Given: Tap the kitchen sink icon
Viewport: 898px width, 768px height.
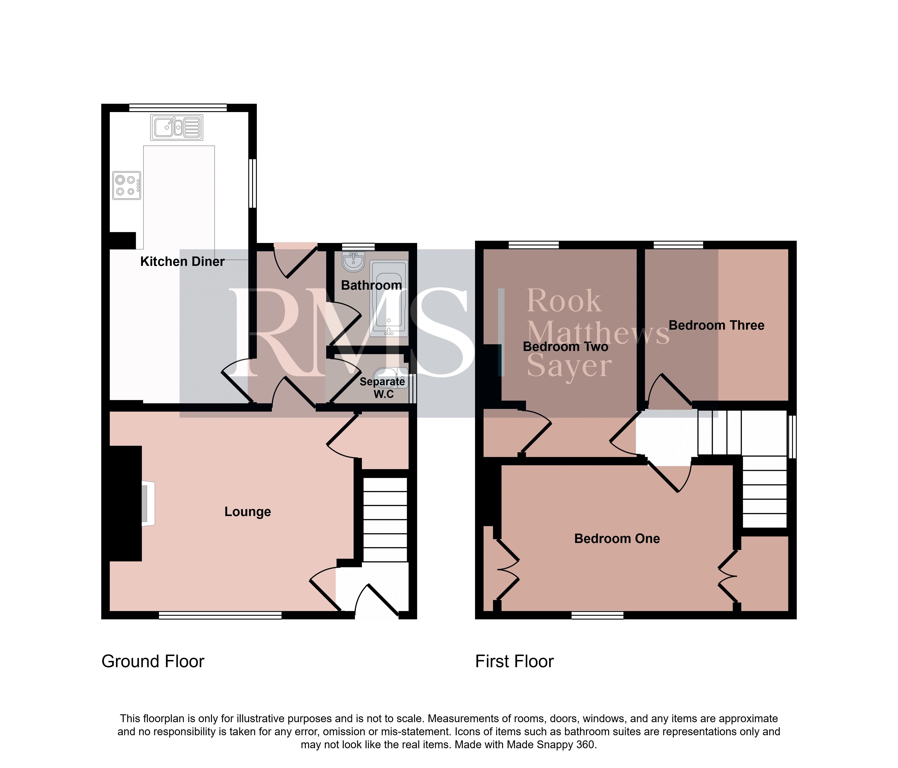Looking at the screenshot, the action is pos(176,127).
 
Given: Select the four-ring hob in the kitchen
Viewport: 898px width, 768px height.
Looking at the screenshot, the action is pos(127,185).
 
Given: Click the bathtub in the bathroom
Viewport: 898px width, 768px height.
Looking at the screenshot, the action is pos(389,299).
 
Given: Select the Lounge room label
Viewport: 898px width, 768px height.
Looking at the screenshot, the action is pos(247,512).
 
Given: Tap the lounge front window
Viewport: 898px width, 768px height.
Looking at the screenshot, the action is pos(220,615).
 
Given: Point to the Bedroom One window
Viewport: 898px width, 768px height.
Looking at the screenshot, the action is pos(598,615).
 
